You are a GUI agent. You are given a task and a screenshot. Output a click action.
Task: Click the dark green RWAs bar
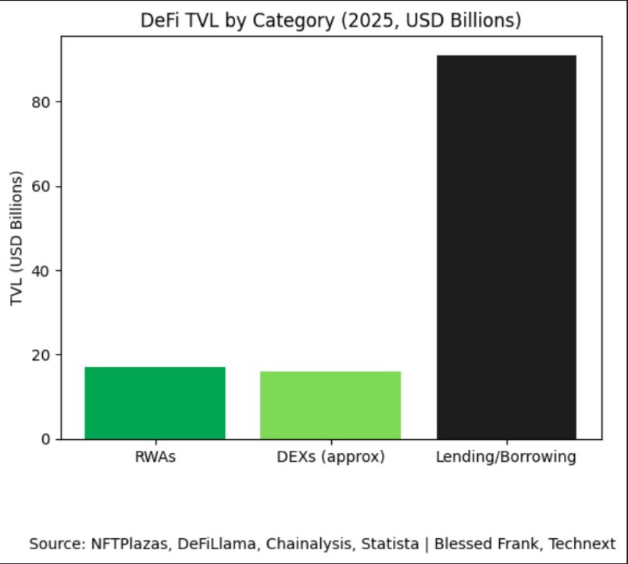pos(155,402)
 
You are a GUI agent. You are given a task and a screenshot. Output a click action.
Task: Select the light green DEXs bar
pos(330,405)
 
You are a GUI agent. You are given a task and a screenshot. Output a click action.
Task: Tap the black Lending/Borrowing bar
pos(506,247)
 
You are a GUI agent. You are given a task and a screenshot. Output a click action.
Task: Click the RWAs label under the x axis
pos(155,457)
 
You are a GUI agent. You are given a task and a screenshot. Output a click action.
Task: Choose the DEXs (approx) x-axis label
pos(330,457)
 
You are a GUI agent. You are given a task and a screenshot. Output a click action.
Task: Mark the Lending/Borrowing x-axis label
pos(506,457)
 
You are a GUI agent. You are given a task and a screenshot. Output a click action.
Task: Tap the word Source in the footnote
pos(54,544)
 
